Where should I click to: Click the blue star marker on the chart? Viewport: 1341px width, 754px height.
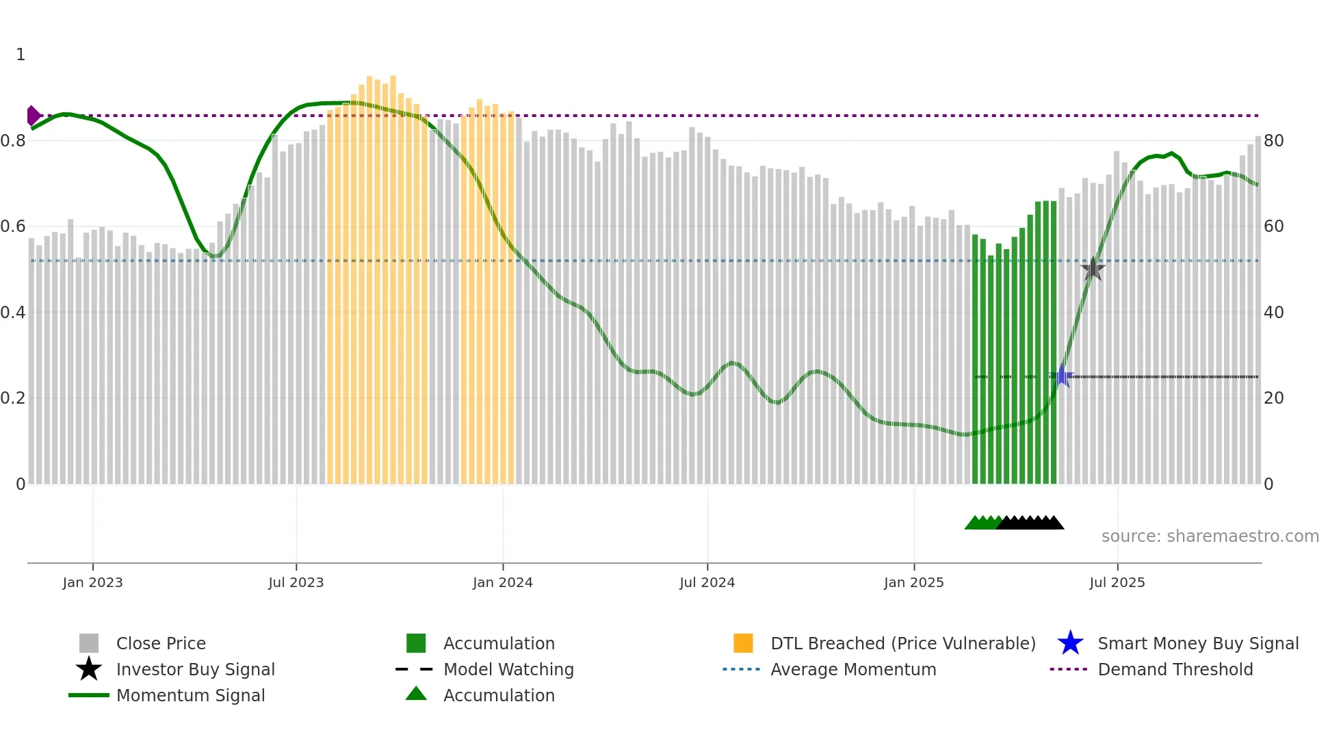tap(1062, 376)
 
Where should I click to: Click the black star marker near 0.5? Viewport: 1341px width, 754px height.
tap(1093, 269)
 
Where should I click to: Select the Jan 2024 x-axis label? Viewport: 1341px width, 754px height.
tap(502, 583)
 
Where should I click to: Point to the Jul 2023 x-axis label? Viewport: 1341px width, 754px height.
tap(296, 583)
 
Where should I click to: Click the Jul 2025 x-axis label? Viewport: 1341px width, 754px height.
tap(1117, 583)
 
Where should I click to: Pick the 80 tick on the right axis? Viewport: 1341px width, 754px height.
tap(1273, 141)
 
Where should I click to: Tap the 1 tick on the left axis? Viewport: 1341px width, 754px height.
tap(21, 55)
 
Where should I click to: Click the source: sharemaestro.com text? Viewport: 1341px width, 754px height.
tap(1210, 536)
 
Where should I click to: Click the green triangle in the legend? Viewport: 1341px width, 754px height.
tap(416, 694)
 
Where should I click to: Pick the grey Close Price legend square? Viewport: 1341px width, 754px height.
tap(89, 644)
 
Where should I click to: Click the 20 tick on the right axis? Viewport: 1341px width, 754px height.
tap(1273, 398)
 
